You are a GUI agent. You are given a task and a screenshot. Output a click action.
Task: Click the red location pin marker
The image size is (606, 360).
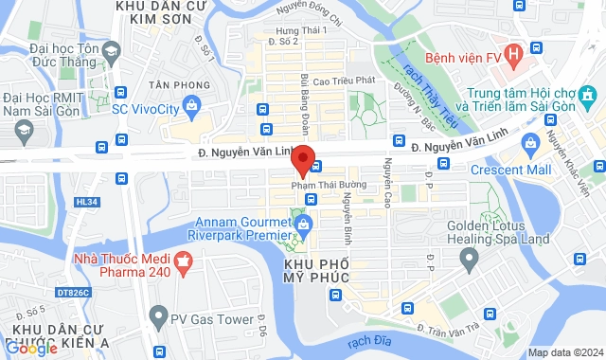click(x=303, y=159)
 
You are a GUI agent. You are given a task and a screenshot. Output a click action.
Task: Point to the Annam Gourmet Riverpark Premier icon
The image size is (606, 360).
click(x=303, y=225)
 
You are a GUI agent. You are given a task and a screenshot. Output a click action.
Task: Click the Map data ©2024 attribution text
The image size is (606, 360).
click(x=564, y=352)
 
